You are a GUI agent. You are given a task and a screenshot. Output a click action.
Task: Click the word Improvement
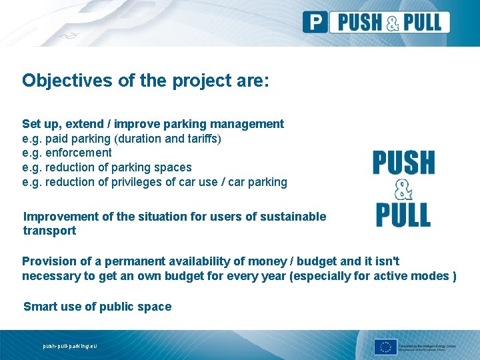click(x=61, y=216)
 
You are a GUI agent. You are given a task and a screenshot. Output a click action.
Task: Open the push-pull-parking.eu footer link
click(x=69, y=346)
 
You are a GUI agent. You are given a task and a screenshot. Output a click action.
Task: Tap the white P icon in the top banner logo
click(x=315, y=22)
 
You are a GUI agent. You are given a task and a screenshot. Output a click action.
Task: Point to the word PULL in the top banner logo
click(x=419, y=22)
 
